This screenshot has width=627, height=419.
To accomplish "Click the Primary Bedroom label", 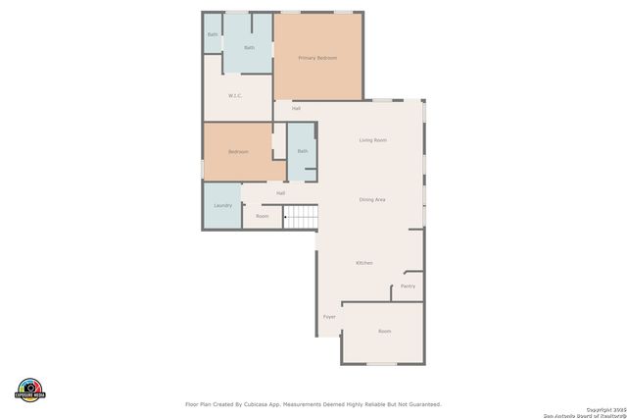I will click(x=317, y=58).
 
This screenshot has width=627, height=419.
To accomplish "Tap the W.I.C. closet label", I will click(x=235, y=95).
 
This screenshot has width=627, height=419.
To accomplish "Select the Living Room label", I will click(x=372, y=140).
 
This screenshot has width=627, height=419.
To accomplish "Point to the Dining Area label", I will click(x=372, y=199).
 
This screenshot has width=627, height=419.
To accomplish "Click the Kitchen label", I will click(x=363, y=263).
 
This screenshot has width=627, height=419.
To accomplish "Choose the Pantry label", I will click(x=408, y=287).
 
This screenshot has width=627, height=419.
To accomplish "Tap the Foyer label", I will click(x=329, y=317).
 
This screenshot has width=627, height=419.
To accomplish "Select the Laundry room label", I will click(x=222, y=205).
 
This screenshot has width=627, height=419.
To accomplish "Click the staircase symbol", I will click(x=302, y=217).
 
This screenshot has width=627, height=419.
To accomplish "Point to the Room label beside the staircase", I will click(x=262, y=216).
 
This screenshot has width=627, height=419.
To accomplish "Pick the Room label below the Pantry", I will click(x=384, y=332).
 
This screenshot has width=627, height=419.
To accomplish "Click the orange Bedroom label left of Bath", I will click(x=238, y=152).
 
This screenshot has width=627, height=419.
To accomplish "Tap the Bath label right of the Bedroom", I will click(x=302, y=151).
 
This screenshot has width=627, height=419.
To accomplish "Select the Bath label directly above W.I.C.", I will click(x=249, y=47).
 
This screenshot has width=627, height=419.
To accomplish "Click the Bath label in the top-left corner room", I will click(x=212, y=35).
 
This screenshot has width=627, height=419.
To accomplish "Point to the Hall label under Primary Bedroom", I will click(x=296, y=108).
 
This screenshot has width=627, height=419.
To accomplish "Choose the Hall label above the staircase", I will click(x=280, y=193).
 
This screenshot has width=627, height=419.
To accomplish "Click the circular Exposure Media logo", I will click(x=30, y=389).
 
